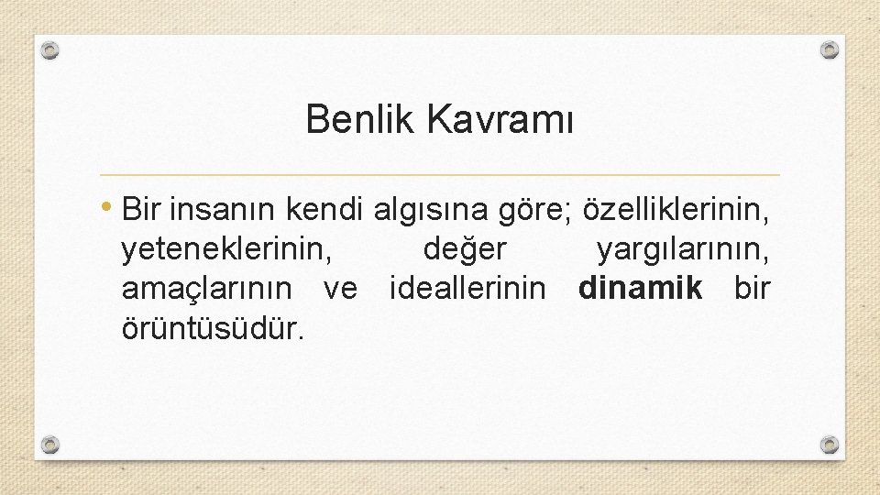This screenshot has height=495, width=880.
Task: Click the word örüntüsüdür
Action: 212,327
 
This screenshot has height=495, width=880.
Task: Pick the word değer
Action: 465,248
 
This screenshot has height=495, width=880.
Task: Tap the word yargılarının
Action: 684,248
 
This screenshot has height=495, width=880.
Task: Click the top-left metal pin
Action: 51,49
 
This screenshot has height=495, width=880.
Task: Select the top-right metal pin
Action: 829,49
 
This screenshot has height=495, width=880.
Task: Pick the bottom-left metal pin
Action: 51,445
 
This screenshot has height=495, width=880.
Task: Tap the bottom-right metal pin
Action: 829,445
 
